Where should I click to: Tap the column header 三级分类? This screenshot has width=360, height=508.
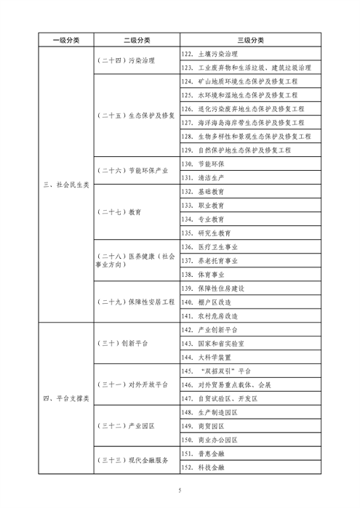point(251,40)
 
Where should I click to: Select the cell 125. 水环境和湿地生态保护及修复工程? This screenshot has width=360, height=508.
point(243,95)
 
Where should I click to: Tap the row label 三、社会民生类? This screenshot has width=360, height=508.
point(65,185)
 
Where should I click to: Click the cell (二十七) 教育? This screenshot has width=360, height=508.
point(116,212)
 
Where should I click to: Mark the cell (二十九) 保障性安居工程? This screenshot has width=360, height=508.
point(136,302)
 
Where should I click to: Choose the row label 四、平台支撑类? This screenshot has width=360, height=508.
point(65,399)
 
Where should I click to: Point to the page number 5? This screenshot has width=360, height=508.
point(180,491)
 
